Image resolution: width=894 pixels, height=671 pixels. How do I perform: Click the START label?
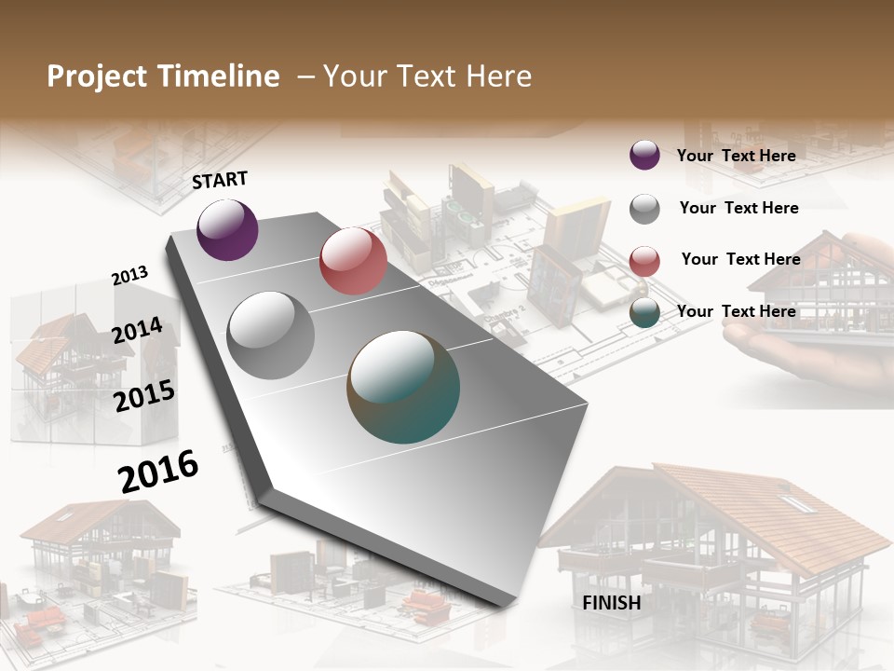[x=220, y=180]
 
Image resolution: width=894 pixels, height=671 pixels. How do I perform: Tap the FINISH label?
[x=611, y=603]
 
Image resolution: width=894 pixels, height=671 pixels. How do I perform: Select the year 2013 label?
[x=129, y=276]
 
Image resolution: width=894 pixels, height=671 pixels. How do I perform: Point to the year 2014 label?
[x=137, y=331]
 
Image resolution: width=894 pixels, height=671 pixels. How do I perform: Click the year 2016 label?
[x=158, y=472]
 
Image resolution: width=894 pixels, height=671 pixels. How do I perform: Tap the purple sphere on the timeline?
[x=227, y=229]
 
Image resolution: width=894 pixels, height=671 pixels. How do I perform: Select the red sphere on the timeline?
[x=353, y=261]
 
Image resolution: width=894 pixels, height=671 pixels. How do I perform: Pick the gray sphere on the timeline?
[x=270, y=335]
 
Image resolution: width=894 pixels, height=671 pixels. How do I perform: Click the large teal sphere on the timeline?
[x=403, y=386]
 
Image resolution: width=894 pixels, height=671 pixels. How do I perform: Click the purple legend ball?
[x=644, y=156]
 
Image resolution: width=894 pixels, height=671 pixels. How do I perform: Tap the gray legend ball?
[x=644, y=209]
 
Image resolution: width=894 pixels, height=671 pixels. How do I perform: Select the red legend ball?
[x=644, y=261]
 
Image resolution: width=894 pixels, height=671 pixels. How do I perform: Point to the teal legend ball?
[x=644, y=313]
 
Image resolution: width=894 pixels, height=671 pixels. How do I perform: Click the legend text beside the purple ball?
[x=736, y=156]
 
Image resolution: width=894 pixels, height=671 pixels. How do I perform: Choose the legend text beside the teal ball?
[x=736, y=311]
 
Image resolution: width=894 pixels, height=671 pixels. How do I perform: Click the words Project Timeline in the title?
[x=163, y=76]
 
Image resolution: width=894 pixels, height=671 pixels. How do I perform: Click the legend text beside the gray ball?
[x=738, y=208]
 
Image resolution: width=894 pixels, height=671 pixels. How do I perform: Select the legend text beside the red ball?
[x=740, y=259]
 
